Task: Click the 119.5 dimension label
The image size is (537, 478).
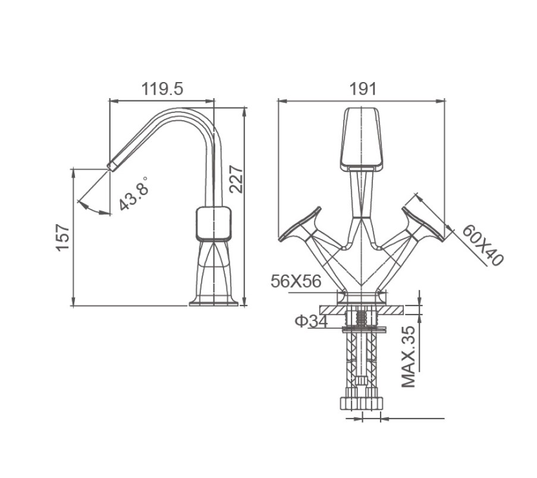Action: [x=162, y=89]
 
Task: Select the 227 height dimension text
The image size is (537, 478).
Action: [x=236, y=179]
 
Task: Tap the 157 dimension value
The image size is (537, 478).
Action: [x=63, y=238]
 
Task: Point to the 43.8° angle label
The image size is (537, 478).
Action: [x=134, y=193]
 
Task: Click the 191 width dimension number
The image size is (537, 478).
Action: [x=363, y=89]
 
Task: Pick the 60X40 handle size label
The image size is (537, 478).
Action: [x=483, y=246]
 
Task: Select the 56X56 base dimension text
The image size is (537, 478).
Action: [x=296, y=281]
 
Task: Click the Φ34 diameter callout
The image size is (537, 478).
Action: [x=311, y=321]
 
